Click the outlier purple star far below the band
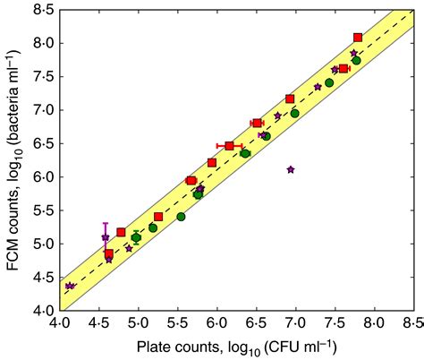pos(291,169)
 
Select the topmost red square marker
pos(358,38)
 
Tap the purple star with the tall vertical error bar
pos(106,237)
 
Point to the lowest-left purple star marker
pos(70,286)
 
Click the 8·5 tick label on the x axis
pos(411,323)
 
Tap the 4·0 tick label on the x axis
pos(59,323)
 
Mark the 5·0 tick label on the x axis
pos(138,323)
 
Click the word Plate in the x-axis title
pos(154,346)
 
